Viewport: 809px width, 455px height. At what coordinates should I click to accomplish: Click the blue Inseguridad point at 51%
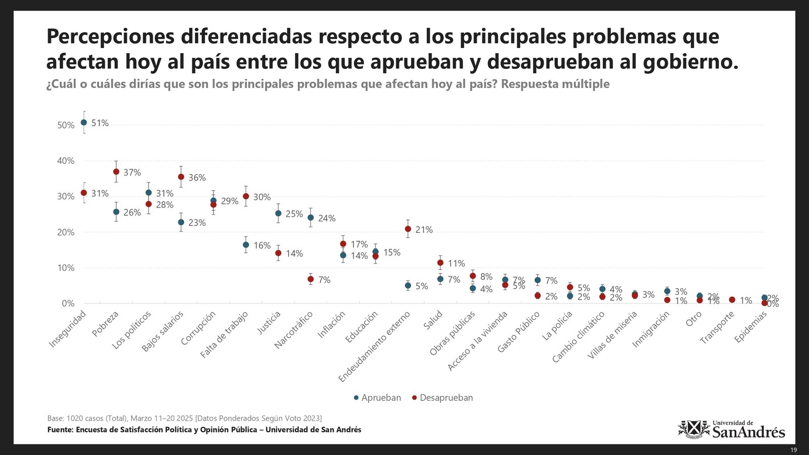pyautogui.click(x=84, y=122)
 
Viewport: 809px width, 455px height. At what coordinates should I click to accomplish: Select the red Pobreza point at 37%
pyautogui.click(x=116, y=172)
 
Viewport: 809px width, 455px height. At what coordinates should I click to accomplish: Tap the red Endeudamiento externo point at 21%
pyautogui.click(x=408, y=229)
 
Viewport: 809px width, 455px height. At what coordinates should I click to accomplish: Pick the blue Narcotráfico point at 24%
pyautogui.click(x=310, y=218)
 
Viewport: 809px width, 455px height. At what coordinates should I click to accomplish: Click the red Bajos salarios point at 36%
pyautogui.click(x=181, y=177)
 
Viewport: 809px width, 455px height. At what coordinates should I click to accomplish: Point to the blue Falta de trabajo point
pyautogui.click(x=246, y=245)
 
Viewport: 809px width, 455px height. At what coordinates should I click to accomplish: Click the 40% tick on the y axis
pyautogui.click(x=65, y=161)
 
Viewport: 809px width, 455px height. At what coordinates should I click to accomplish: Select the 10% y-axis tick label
pyautogui.click(x=65, y=268)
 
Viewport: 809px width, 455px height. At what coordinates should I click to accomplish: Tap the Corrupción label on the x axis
pyautogui.click(x=199, y=328)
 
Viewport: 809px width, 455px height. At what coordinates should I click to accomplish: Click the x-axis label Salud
pyautogui.click(x=434, y=321)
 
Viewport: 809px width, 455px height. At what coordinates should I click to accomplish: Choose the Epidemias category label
pyautogui.click(x=751, y=327)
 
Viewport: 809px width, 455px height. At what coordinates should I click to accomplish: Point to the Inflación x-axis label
pyautogui.click(x=332, y=325)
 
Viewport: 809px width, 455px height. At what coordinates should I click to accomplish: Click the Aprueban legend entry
pyautogui.click(x=377, y=398)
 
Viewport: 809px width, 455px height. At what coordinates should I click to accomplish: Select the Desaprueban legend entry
pyautogui.click(x=442, y=398)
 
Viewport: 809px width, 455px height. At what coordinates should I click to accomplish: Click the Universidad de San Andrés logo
pyautogui.click(x=731, y=429)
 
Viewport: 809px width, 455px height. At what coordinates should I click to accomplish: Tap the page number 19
pyautogui.click(x=793, y=450)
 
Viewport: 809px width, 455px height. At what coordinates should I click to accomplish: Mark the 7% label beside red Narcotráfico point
pyautogui.click(x=324, y=280)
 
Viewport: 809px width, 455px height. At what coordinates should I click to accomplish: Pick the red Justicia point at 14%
pyautogui.click(x=278, y=253)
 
